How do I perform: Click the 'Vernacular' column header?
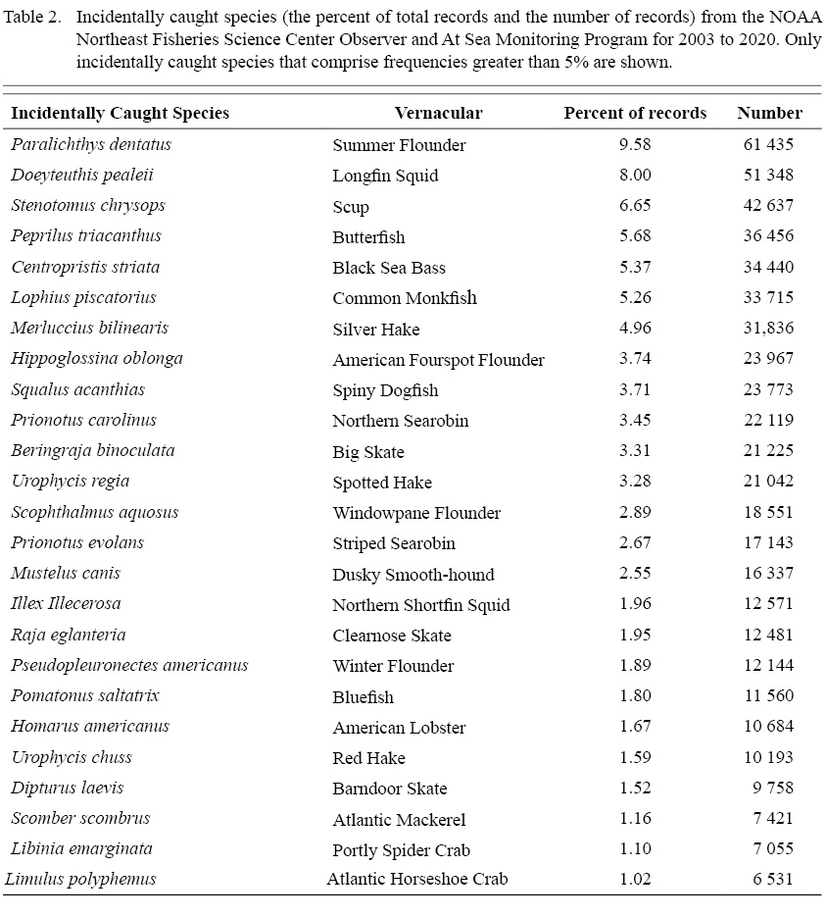click(438, 113)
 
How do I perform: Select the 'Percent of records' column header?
click(635, 113)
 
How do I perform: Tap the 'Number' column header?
click(769, 113)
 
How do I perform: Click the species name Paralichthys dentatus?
click(91, 144)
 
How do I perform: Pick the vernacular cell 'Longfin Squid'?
click(385, 176)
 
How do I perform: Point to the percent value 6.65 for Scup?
click(635, 206)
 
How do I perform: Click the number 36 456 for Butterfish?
click(768, 236)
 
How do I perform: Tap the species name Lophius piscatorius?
click(83, 297)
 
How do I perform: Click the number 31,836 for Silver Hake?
click(768, 329)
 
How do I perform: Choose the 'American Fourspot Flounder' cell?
click(438, 360)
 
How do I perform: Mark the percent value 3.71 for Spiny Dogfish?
click(635, 389)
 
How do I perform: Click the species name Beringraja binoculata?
click(93, 451)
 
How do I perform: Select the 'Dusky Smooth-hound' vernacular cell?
click(413, 574)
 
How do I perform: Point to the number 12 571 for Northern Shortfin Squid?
click(768, 604)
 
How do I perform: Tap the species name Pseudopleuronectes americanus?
click(129, 665)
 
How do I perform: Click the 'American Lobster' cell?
click(399, 727)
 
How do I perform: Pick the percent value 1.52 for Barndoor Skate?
click(635, 788)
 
